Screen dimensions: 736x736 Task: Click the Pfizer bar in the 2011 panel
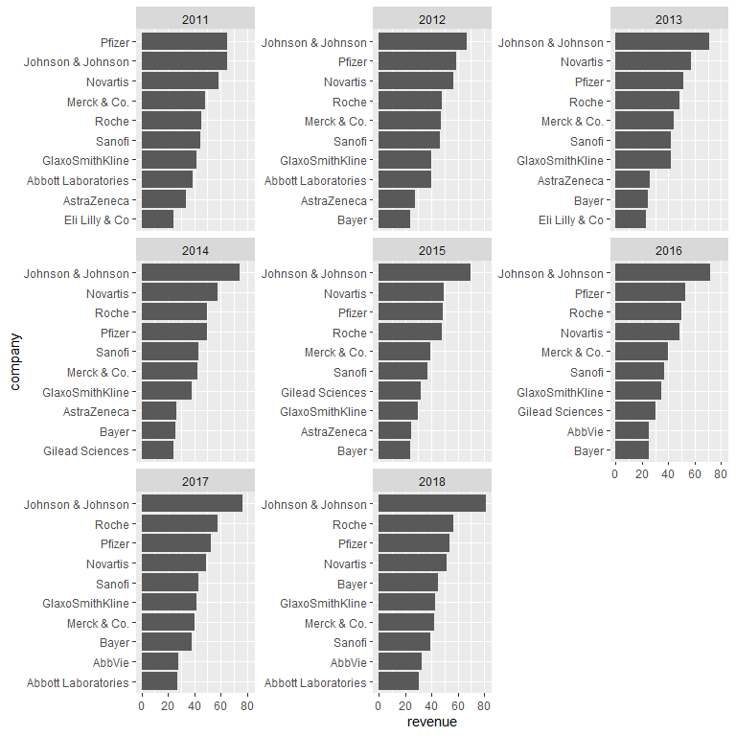click(184, 42)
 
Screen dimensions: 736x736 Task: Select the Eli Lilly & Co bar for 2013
click(630, 219)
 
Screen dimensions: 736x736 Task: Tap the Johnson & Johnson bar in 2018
click(431, 504)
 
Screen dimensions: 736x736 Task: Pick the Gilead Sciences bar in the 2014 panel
click(157, 450)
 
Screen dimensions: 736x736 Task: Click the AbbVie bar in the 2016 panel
click(632, 431)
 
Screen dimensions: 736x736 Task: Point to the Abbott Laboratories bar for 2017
click(159, 682)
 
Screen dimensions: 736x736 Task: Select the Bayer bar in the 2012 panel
click(394, 219)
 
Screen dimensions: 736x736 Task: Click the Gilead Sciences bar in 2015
click(400, 392)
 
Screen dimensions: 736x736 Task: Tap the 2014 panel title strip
click(195, 250)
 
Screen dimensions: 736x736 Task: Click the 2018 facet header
click(432, 478)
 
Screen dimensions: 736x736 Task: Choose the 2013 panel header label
click(669, 19)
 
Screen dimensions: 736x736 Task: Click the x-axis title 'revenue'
click(432, 722)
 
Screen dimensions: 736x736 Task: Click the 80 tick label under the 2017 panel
click(246, 706)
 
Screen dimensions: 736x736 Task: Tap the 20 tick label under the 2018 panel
click(404, 706)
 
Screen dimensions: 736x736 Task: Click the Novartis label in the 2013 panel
click(582, 62)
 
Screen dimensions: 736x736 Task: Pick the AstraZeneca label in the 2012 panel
click(333, 200)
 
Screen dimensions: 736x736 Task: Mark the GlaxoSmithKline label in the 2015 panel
click(323, 411)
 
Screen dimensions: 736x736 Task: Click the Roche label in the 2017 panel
click(111, 524)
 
